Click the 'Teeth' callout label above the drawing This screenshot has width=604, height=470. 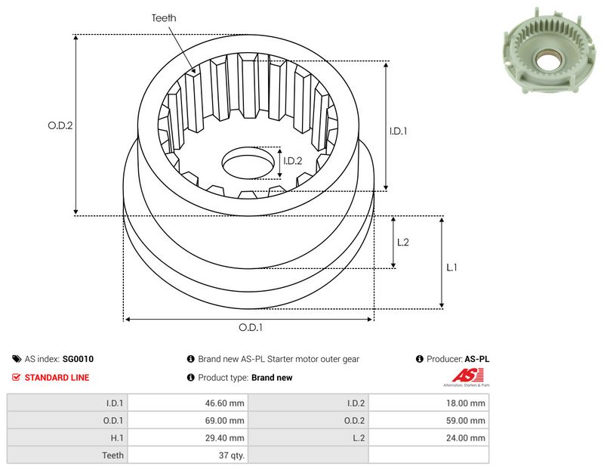pyautogui.click(x=164, y=18)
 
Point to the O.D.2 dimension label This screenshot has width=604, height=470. pyautogui.click(x=60, y=125)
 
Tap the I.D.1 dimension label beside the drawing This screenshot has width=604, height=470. pyautogui.click(x=399, y=131)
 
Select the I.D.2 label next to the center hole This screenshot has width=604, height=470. pyautogui.click(x=293, y=161)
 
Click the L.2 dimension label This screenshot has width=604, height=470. pyautogui.click(x=403, y=242)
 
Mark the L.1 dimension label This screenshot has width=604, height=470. pyautogui.click(x=451, y=267)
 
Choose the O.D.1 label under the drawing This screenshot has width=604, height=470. pyautogui.click(x=251, y=327)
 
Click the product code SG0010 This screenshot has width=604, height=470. pyautogui.click(x=78, y=359)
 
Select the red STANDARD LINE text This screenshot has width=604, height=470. pyautogui.click(x=57, y=378)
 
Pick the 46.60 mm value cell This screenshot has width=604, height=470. pyautogui.click(x=224, y=404)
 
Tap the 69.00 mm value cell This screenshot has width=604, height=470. pyautogui.click(x=224, y=421)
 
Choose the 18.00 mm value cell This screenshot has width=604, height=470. pyautogui.click(x=466, y=404)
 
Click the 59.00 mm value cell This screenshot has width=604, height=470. pyautogui.click(x=466, y=421)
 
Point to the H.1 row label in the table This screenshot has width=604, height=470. pyautogui.click(x=117, y=438)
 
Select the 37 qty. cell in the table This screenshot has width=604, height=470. pyautogui.click(x=232, y=456)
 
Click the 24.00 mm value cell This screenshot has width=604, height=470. pyautogui.click(x=466, y=438)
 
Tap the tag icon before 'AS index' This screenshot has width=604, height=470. pyautogui.click(x=17, y=359)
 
